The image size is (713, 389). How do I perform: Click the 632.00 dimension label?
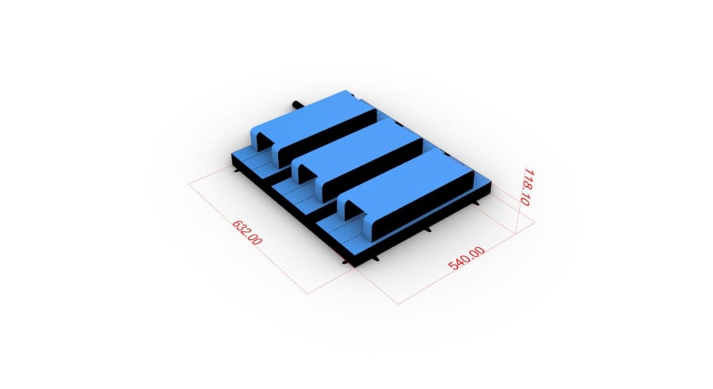pyautogui.click(x=247, y=232)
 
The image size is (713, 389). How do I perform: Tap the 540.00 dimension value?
pyautogui.click(x=467, y=258)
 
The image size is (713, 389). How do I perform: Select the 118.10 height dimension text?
pyautogui.click(x=528, y=187)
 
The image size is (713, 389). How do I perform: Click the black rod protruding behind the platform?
pyautogui.click(x=299, y=105)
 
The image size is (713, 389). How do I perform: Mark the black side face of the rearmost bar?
pyautogui.click(x=326, y=136)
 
